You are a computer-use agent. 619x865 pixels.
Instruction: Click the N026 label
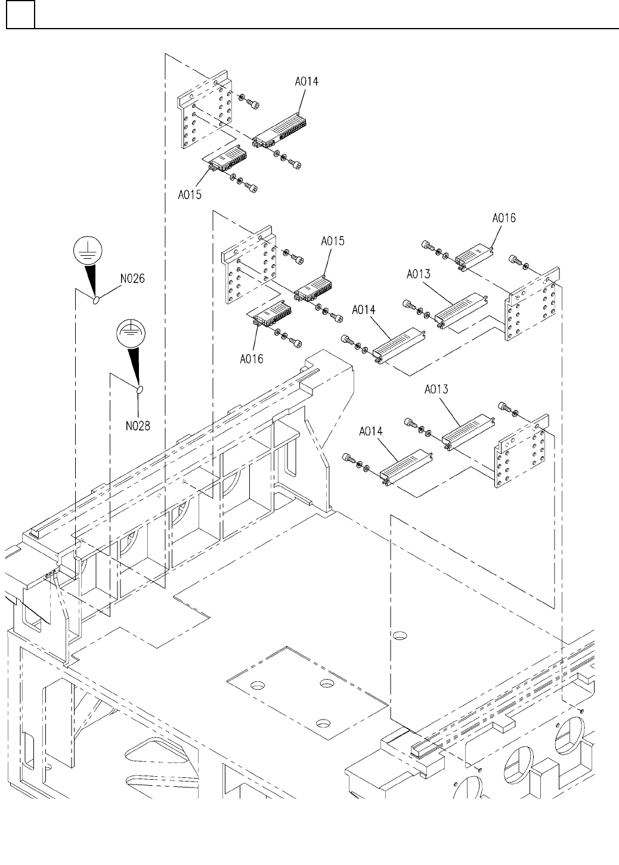(x=133, y=278)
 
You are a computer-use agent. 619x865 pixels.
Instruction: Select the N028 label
(x=138, y=426)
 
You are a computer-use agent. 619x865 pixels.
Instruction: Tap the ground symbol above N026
(x=88, y=251)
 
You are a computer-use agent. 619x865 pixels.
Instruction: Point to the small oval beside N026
(x=95, y=299)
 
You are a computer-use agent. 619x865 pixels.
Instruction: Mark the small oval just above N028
(x=141, y=390)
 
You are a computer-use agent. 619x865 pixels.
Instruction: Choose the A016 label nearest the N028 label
(x=252, y=359)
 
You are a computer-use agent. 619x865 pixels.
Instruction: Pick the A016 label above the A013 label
(x=504, y=218)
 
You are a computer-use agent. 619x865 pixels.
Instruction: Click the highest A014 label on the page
(x=307, y=82)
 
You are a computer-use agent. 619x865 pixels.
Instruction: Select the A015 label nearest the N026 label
(x=189, y=194)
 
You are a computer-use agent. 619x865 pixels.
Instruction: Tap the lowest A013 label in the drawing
(x=437, y=389)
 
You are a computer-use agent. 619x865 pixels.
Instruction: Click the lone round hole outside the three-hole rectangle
(x=400, y=635)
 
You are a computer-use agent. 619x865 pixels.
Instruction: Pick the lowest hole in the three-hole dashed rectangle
(x=323, y=723)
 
